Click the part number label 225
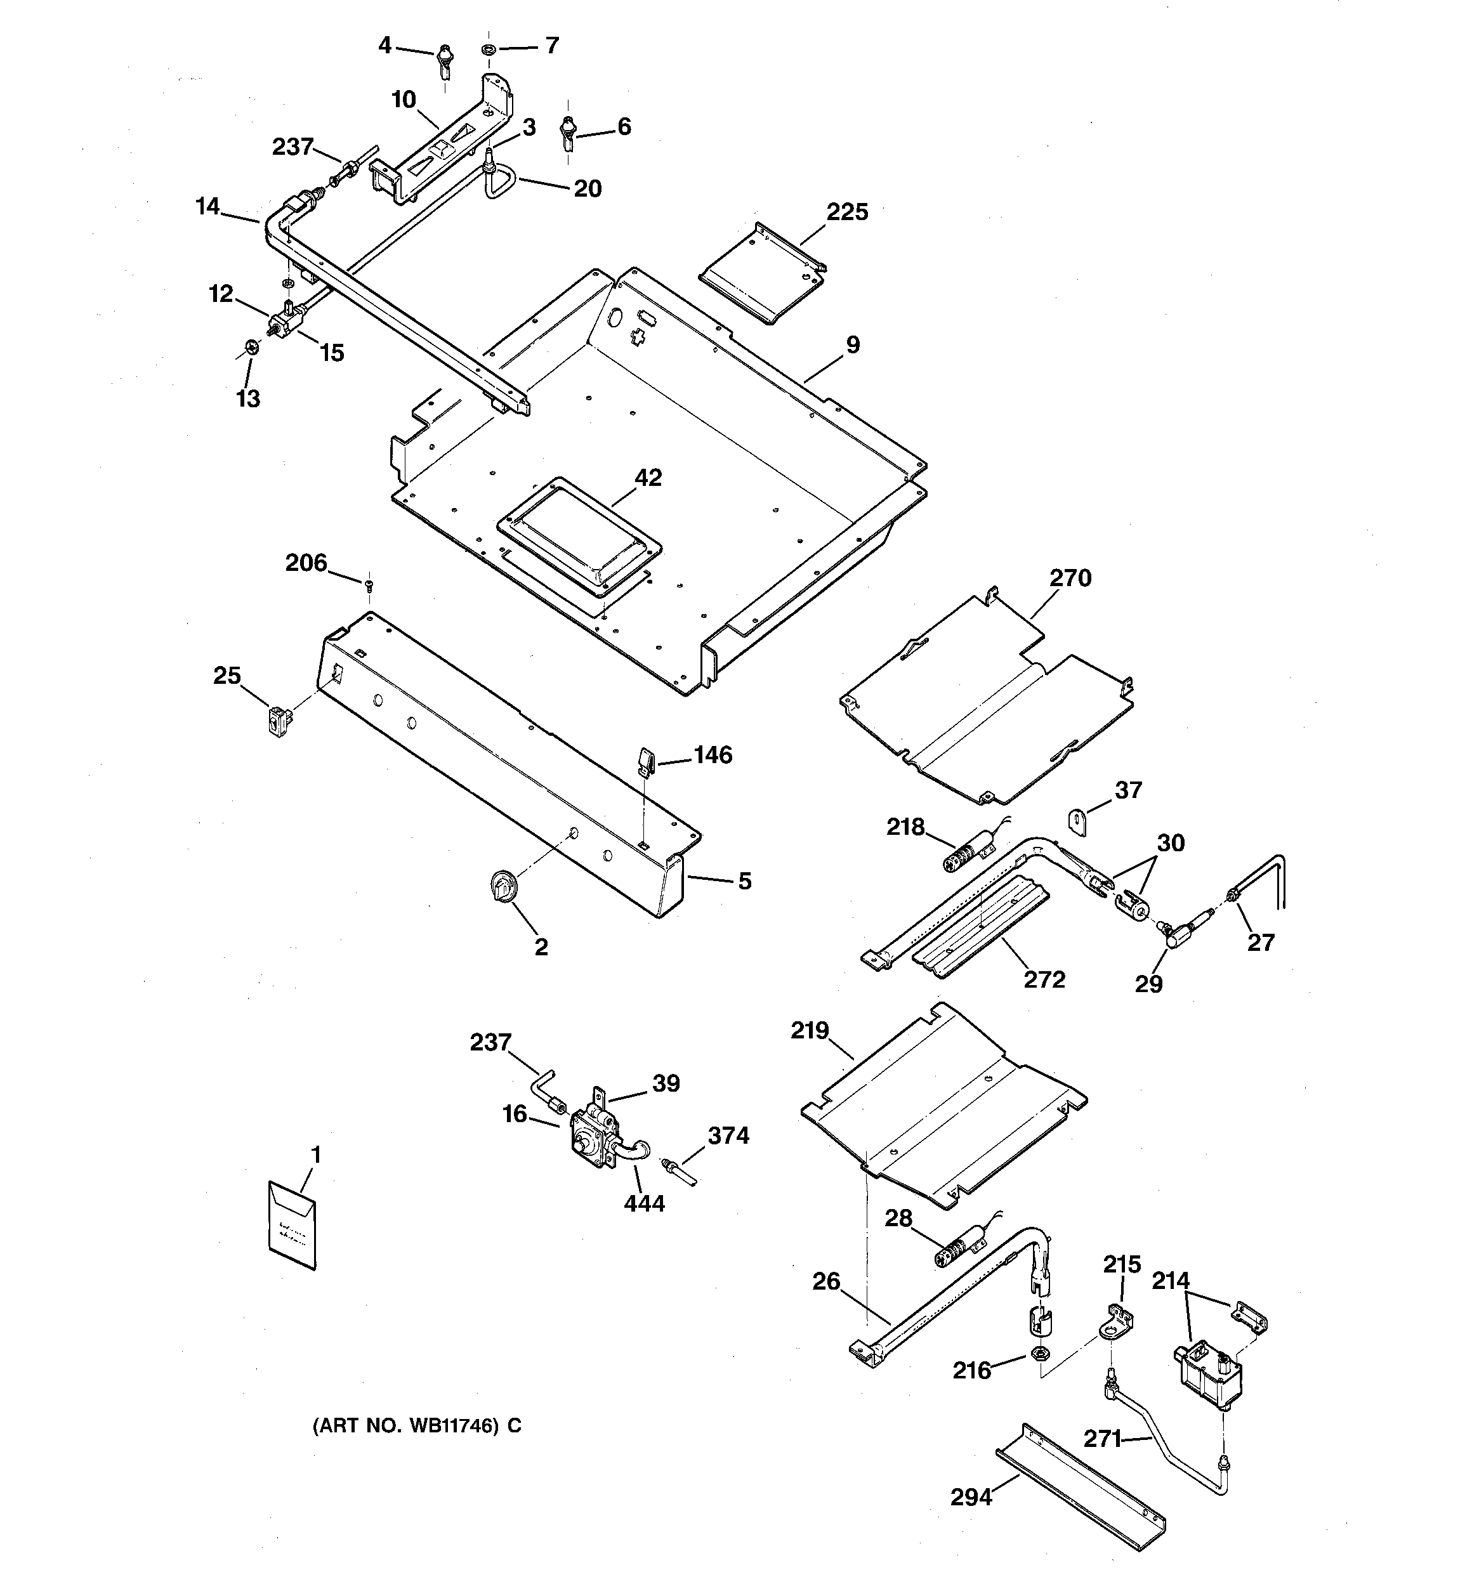point(847,212)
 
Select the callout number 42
point(648,478)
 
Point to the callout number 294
point(971,1497)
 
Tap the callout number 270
point(1070,578)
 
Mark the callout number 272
point(1044,979)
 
